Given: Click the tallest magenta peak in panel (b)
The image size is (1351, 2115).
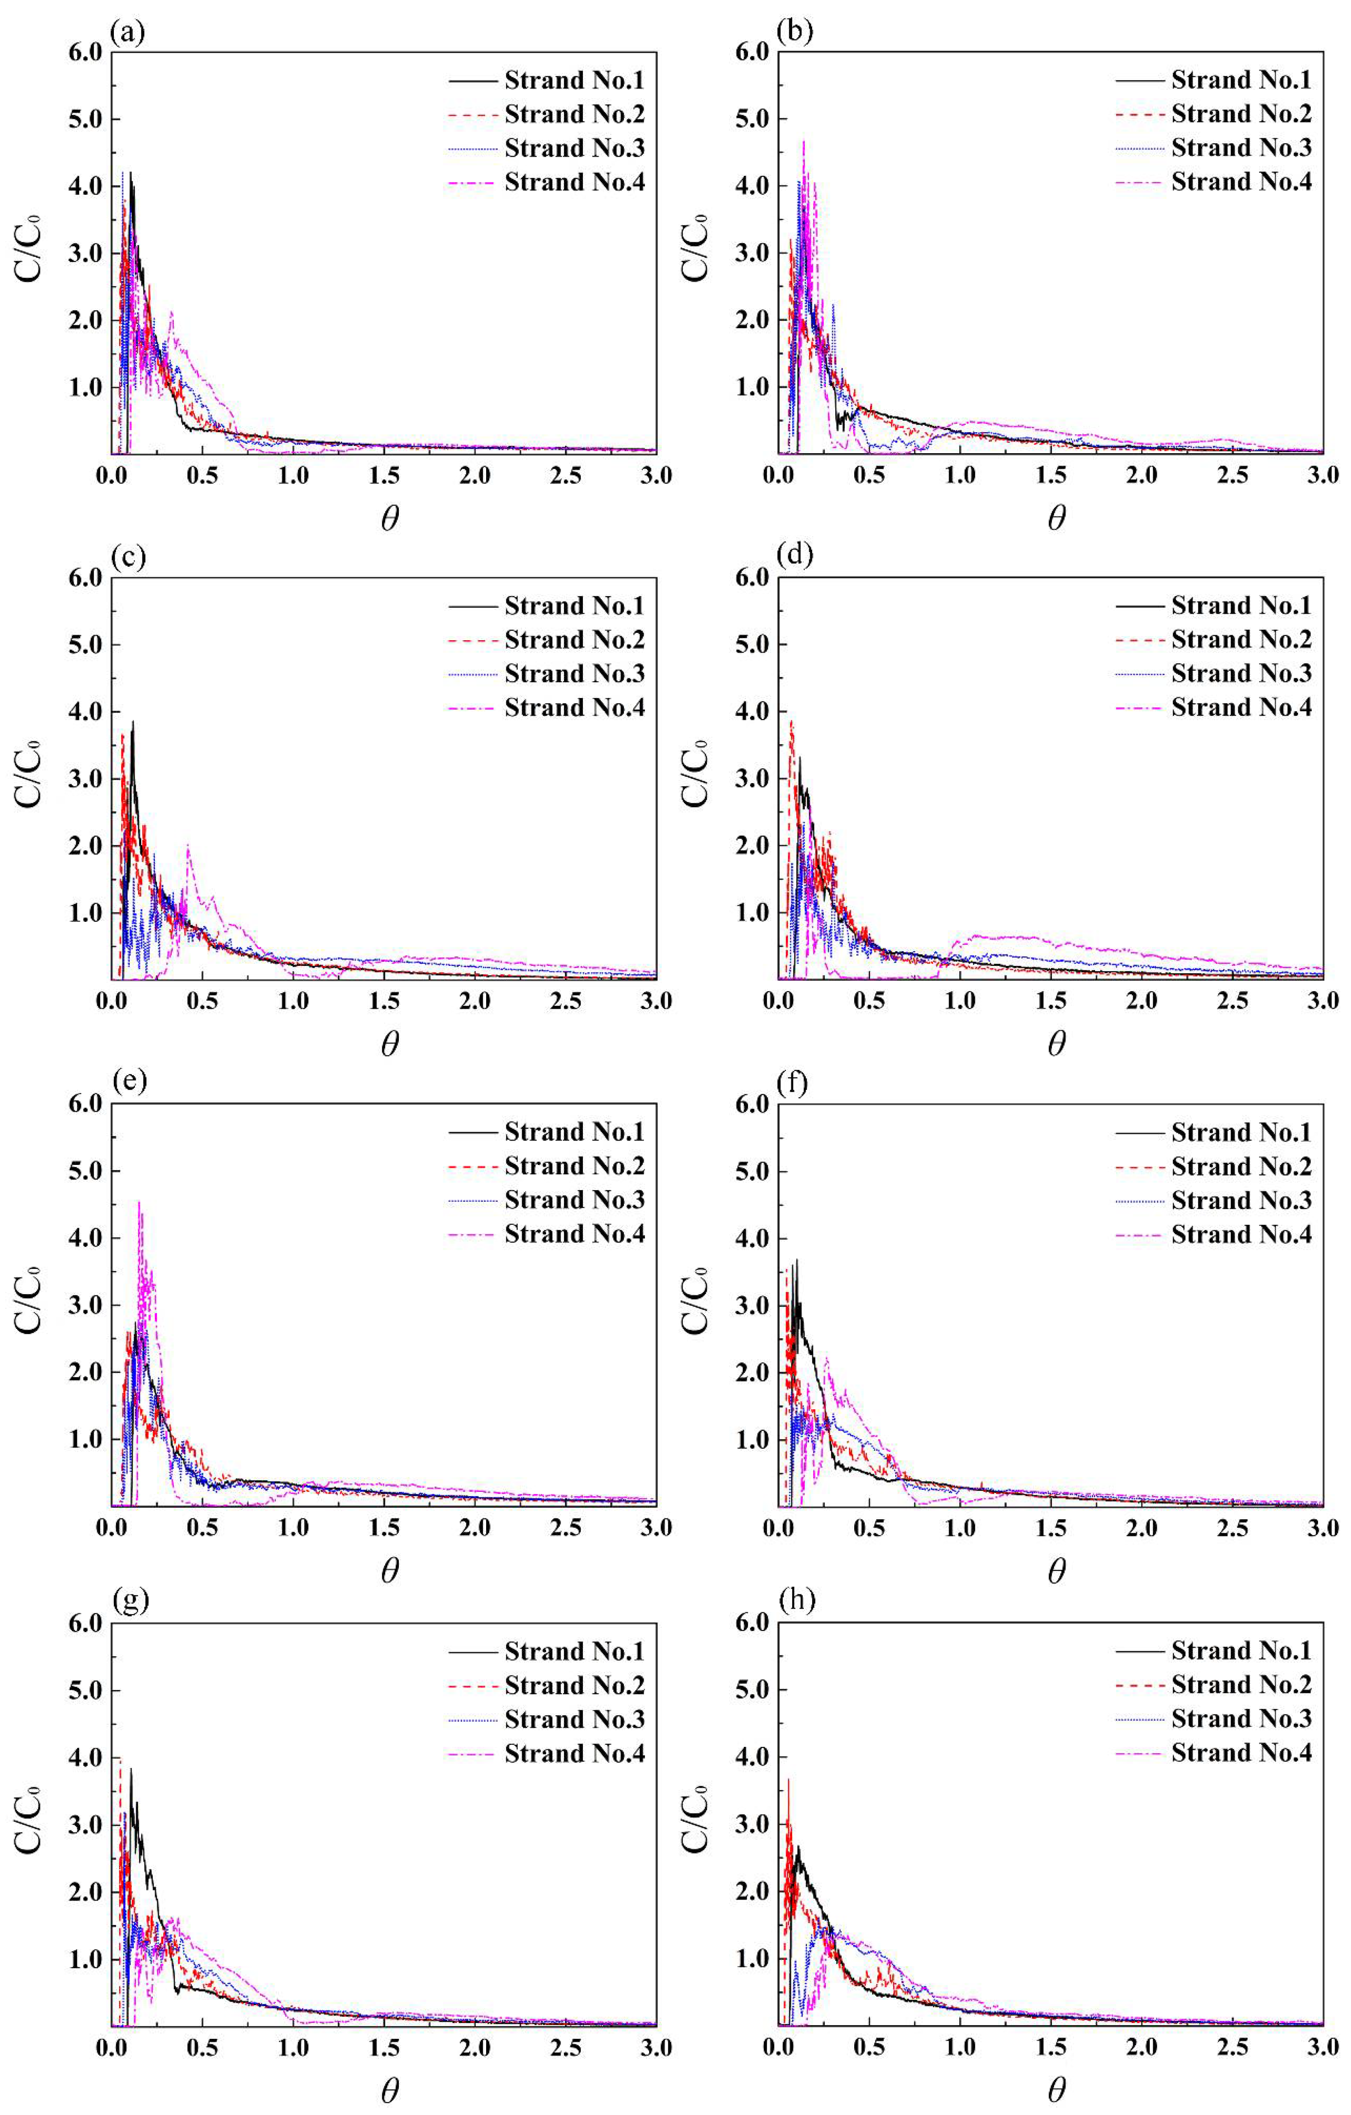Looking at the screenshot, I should (803, 140).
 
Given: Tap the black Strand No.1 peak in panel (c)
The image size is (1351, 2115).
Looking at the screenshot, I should (133, 722).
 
